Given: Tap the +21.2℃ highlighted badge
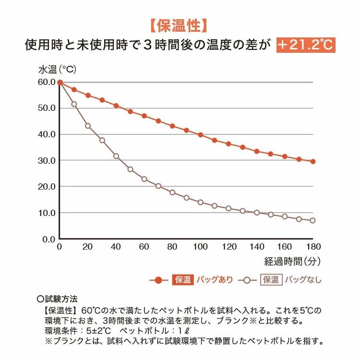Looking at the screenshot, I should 306,45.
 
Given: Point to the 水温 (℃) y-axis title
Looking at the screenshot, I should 57,69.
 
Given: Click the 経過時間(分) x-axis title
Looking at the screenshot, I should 293,261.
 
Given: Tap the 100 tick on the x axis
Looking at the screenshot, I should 200,247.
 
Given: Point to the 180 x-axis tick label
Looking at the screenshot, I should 313,247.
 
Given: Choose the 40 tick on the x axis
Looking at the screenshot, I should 116,247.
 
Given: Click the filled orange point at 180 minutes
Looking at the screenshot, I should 313,161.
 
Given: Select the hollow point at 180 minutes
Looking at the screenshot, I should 313,220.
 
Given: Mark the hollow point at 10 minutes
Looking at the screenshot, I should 74,104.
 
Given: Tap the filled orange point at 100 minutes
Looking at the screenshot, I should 200,135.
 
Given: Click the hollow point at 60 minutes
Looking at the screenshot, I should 144,179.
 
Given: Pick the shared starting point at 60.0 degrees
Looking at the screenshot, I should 60,82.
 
